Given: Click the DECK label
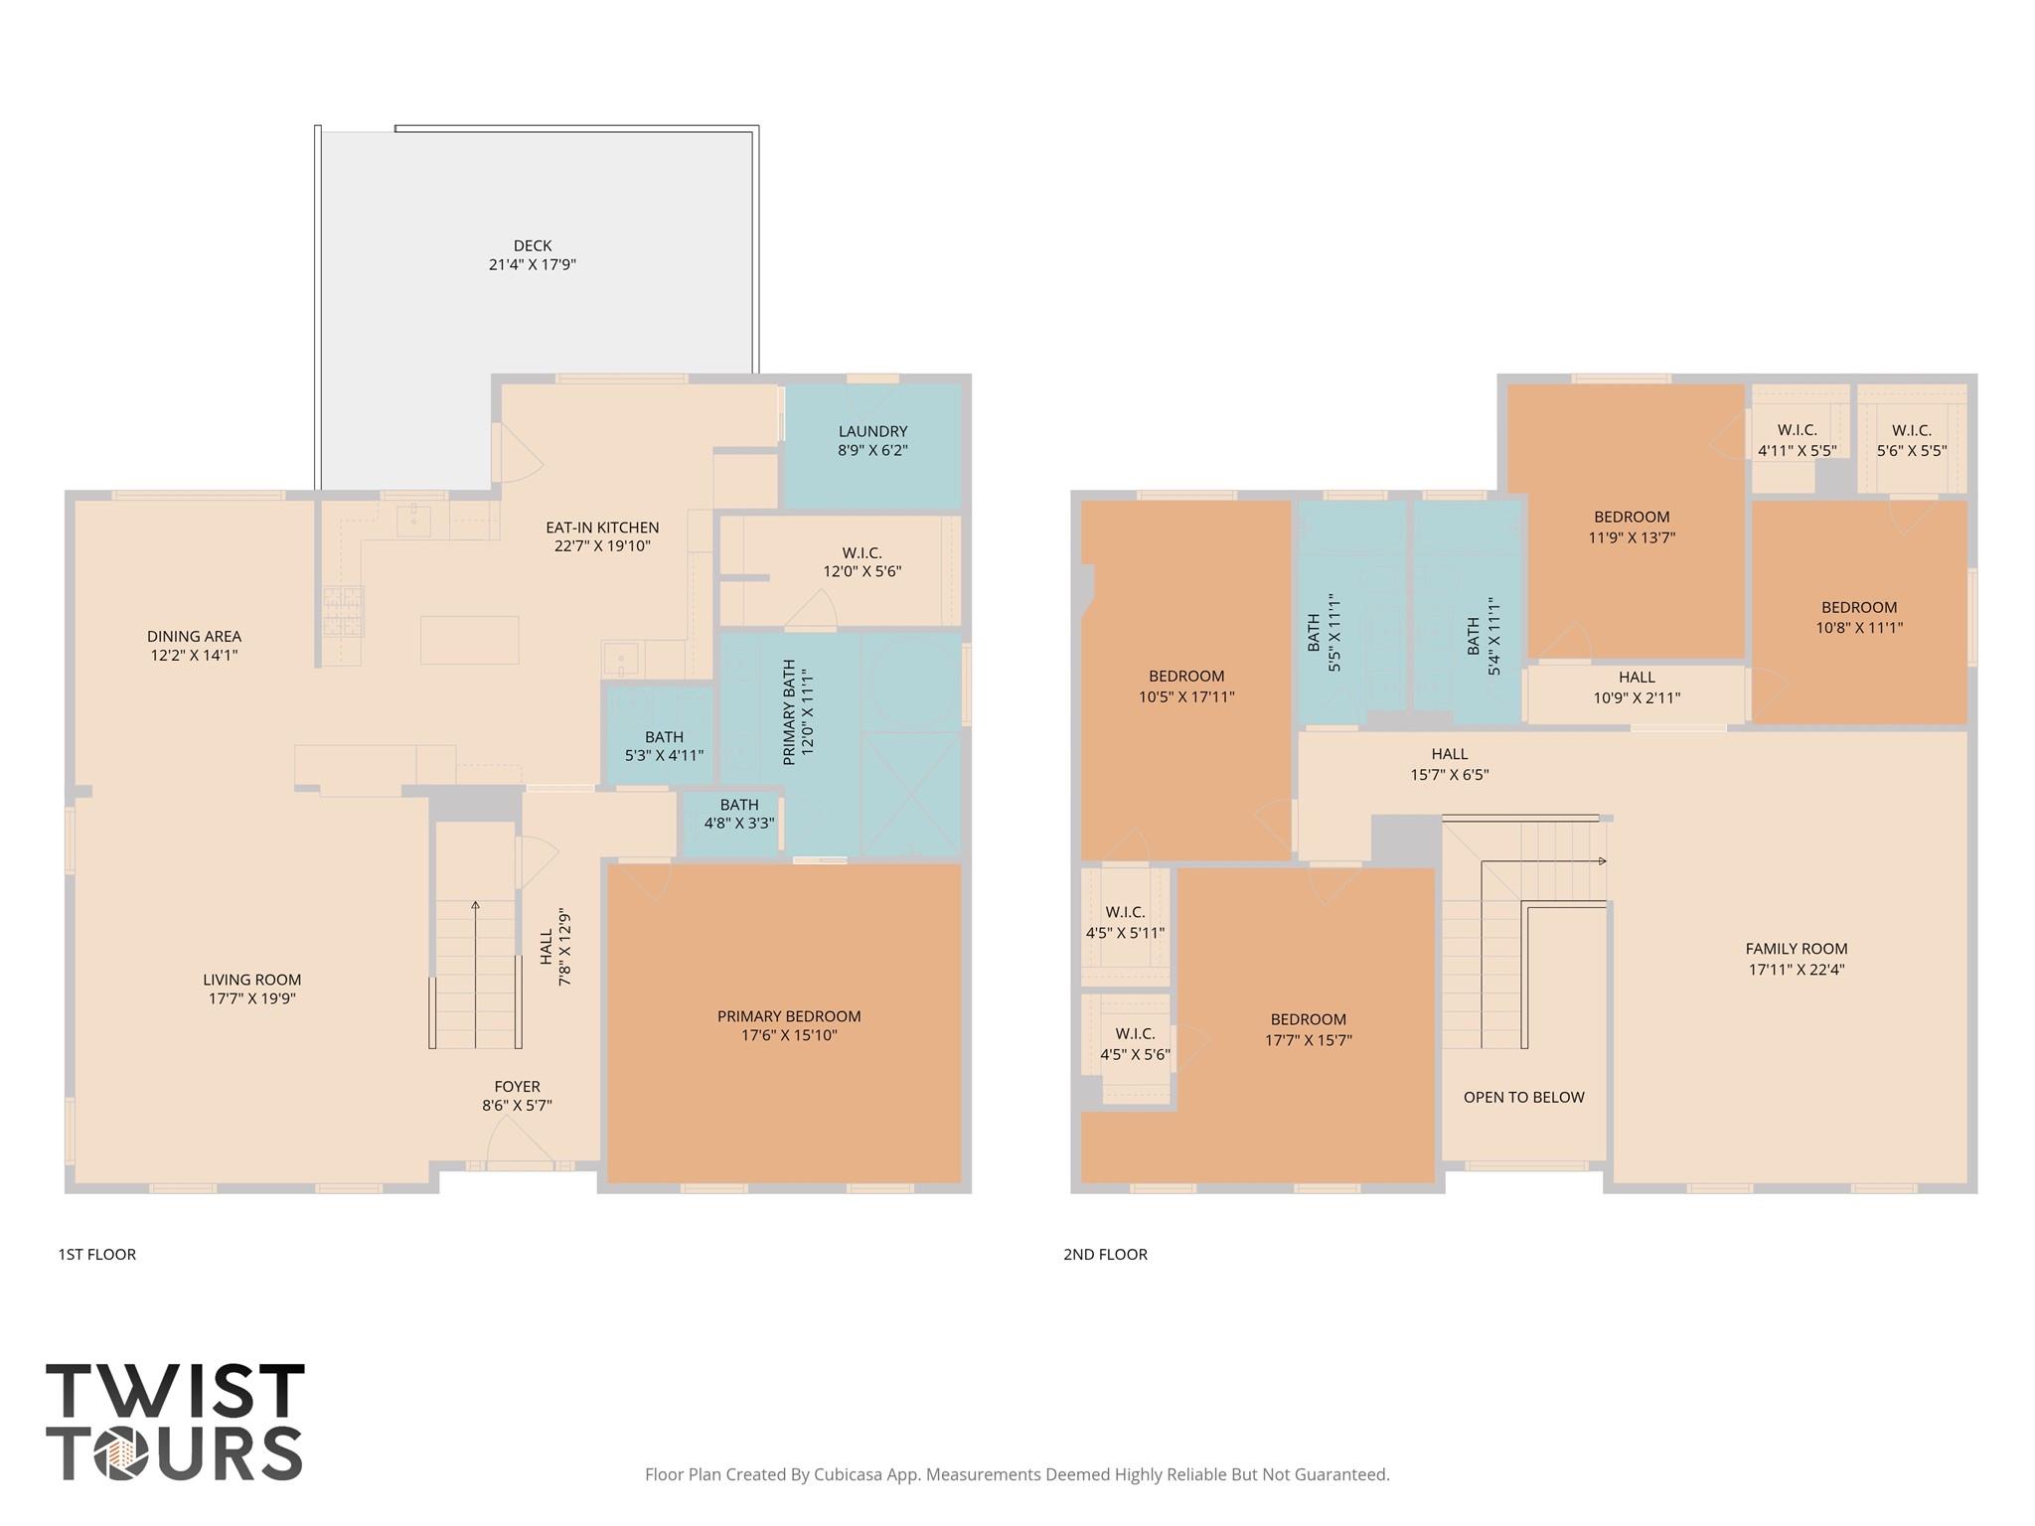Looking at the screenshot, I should [x=532, y=245].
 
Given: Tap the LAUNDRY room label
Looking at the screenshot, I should [x=872, y=431].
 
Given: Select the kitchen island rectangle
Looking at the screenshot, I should [x=469, y=640].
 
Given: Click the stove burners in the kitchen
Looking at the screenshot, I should [x=343, y=611].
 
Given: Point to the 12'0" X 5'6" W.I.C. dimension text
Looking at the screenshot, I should [x=861, y=571].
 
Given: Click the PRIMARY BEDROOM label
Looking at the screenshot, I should [x=789, y=1016].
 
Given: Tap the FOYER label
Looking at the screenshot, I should [x=517, y=1087].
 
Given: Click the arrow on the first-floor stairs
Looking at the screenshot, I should [x=476, y=906].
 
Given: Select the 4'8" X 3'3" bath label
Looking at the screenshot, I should [x=738, y=823].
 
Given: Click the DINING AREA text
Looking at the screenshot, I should [x=194, y=636].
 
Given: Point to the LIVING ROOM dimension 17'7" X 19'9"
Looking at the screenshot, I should [x=251, y=998].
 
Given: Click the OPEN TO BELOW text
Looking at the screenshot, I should [x=1523, y=1097].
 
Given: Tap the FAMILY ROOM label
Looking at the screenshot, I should [x=1797, y=949].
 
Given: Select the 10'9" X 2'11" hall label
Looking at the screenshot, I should [x=1637, y=697].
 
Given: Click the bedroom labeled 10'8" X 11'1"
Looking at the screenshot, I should [x=1858, y=617].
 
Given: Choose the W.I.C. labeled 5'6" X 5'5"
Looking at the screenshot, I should [x=1911, y=440].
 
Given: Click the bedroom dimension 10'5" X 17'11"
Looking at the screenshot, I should [x=1186, y=696].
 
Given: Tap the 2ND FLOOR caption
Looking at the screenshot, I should [x=1105, y=1254].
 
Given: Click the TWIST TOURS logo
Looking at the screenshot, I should [x=175, y=1422].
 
